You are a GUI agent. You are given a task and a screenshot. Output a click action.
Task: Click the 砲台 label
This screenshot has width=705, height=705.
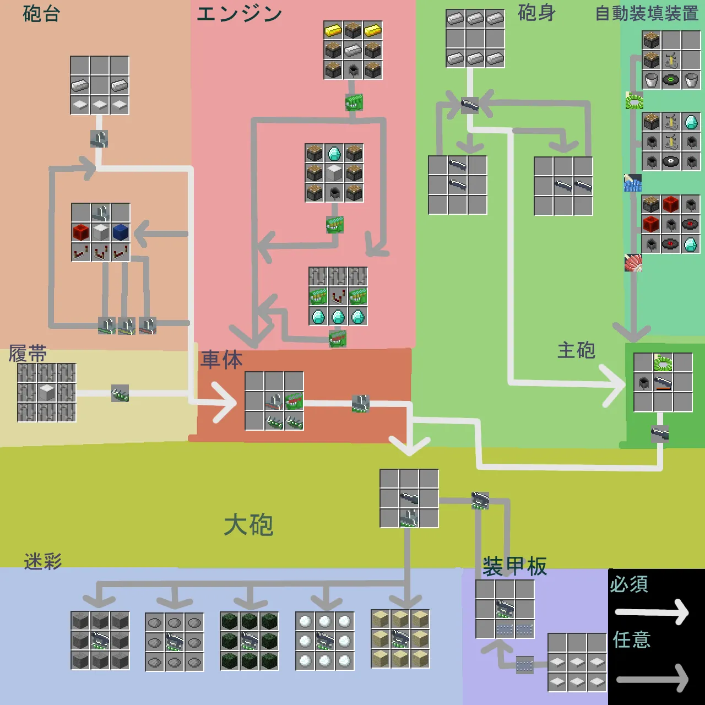[x=41, y=14]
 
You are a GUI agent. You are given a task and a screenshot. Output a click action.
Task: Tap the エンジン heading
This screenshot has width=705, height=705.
[x=240, y=14]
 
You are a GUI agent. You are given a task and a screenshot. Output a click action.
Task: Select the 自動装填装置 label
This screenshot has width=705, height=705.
[x=647, y=13]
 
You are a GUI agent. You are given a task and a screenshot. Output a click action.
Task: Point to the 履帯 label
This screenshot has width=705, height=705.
[x=28, y=354]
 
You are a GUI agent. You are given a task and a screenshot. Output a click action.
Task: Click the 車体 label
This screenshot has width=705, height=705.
[x=221, y=360]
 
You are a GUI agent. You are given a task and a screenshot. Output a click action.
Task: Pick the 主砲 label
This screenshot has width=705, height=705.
[x=576, y=350]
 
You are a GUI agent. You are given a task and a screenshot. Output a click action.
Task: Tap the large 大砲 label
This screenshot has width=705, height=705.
[x=248, y=525]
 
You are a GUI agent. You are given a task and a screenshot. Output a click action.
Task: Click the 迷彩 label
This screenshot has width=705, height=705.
[x=43, y=561]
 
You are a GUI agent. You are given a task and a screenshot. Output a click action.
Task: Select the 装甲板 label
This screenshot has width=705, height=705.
[x=514, y=566]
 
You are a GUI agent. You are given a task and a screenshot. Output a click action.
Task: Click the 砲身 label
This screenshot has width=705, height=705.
[x=536, y=13]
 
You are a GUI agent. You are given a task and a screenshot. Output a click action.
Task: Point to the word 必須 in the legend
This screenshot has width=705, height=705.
[x=629, y=584]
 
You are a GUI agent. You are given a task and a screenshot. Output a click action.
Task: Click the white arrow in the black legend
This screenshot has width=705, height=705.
[x=652, y=612]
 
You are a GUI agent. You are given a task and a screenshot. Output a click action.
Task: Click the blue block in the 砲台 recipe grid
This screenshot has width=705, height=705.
[x=120, y=232]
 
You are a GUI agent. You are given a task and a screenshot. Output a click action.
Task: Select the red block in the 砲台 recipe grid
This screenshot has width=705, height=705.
[x=80, y=232]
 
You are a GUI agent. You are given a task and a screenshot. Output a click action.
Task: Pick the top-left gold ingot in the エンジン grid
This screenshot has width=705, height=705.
[x=333, y=30]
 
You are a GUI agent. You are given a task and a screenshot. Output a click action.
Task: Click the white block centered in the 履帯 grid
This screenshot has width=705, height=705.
[x=47, y=393]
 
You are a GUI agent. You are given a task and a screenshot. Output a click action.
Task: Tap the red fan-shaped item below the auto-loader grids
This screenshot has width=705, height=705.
[x=633, y=263]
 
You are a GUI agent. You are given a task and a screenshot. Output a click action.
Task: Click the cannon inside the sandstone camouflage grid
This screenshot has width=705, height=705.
[x=400, y=639]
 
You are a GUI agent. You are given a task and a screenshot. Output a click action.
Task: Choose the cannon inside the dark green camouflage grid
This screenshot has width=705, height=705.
[x=250, y=641]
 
